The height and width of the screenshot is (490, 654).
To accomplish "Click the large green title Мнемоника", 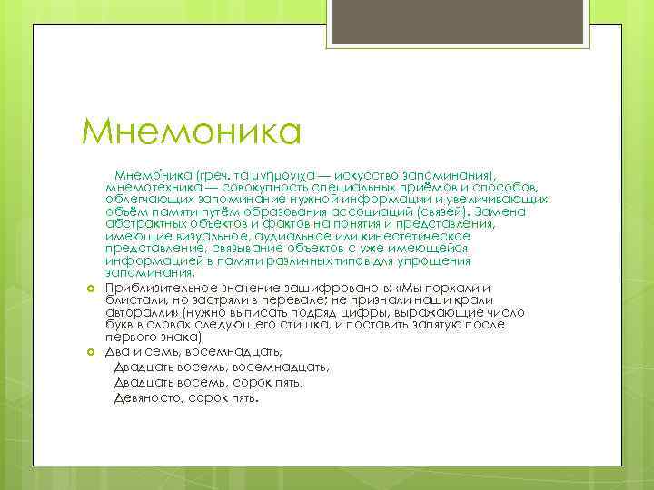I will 192,131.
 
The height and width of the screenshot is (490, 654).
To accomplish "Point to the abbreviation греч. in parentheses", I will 199,172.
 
